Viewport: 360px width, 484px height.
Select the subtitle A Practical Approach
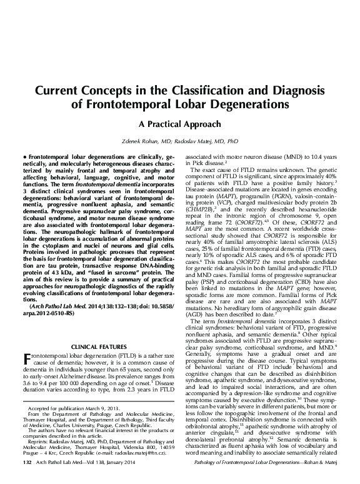tap(180, 123)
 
